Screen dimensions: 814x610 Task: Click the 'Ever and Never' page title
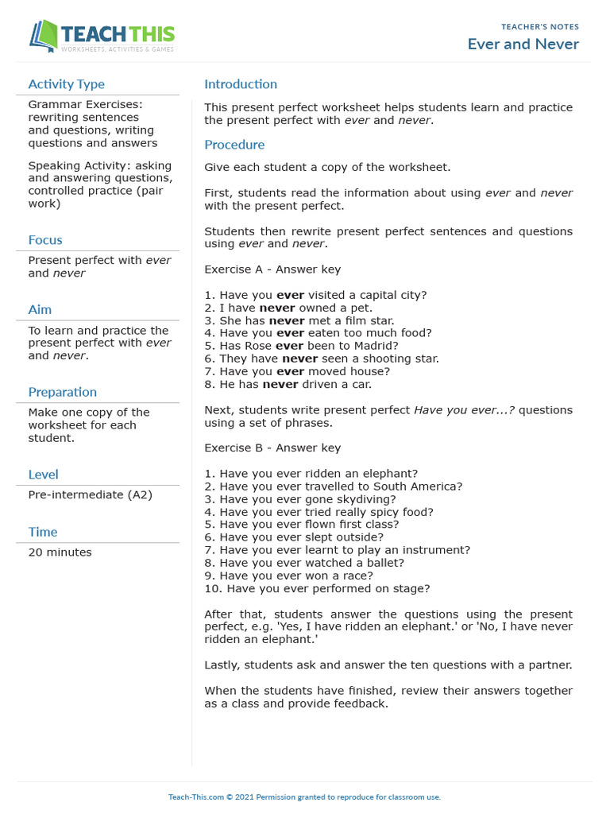(523, 44)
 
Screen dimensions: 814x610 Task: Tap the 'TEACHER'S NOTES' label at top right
(540, 27)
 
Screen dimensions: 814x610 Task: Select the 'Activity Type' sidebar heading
(66, 84)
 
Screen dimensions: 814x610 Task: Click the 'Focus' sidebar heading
(45, 240)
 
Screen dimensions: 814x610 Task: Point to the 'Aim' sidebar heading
(40, 309)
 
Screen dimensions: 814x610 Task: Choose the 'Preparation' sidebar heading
(62, 392)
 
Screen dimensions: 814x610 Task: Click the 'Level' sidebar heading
(43, 475)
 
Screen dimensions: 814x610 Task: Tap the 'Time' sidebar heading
(43, 532)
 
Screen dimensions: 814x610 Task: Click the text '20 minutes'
(60, 552)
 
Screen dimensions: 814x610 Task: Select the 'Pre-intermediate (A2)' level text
(90, 494)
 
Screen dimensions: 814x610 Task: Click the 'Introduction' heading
(241, 84)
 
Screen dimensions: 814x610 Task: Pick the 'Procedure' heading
(234, 145)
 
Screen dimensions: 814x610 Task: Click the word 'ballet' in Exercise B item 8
(386, 563)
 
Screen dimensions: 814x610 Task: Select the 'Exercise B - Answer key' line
(272, 448)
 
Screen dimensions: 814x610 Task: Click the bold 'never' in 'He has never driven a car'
(280, 384)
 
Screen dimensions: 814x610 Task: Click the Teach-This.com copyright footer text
(304, 797)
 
